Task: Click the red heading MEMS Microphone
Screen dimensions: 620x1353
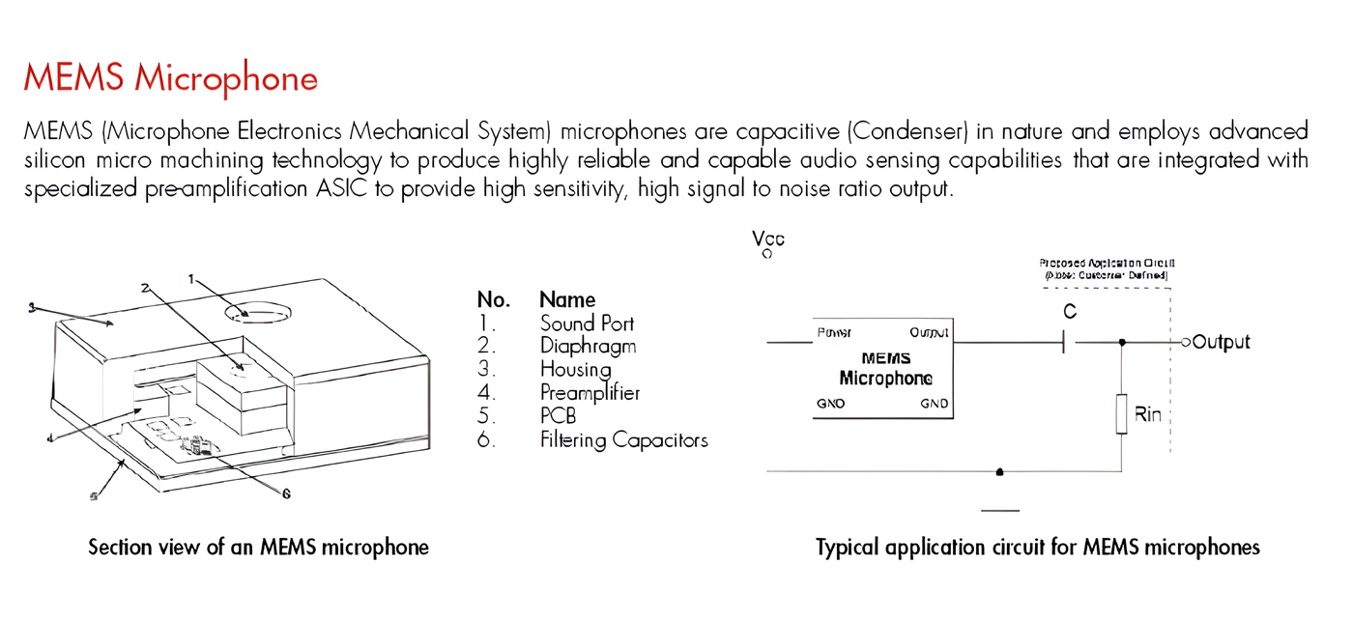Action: (x=170, y=77)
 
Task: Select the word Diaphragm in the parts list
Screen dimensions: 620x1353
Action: (x=588, y=346)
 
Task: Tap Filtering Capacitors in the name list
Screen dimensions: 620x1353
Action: (x=623, y=440)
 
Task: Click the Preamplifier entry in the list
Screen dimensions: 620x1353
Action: (x=590, y=393)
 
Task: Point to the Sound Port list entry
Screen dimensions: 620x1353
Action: (x=587, y=323)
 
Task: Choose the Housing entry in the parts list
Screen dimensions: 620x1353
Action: (x=575, y=369)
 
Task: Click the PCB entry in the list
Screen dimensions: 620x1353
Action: (x=559, y=416)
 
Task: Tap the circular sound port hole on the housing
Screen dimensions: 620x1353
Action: (x=258, y=313)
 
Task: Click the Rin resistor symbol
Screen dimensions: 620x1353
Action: (x=1121, y=413)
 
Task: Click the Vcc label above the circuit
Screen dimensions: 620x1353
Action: (x=768, y=239)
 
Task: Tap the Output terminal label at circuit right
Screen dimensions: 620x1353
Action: (x=1222, y=342)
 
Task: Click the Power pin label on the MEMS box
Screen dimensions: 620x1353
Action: (x=834, y=333)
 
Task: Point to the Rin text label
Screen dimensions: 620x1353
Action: (x=1147, y=415)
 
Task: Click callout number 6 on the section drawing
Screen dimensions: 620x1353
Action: (x=286, y=493)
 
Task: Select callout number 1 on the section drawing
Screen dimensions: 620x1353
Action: (x=191, y=279)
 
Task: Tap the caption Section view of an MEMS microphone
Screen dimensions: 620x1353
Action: (x=258, y=548)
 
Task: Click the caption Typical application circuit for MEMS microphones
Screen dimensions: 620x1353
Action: (x=1038, y=548)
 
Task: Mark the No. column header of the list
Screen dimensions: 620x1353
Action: (x=493, y=299)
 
